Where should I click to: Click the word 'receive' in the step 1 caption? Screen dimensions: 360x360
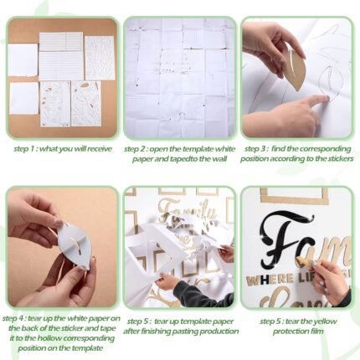[x=99, y=149]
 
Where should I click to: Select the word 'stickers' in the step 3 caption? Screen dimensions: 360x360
[x=340, y=159]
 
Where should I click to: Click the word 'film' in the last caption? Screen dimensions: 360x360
[x=317, y=332]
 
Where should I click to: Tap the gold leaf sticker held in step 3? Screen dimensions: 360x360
[x=296, y=67]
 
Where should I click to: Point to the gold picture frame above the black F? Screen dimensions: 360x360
[x=294, y=196]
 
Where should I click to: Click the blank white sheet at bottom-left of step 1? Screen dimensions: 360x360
[x=24, y=98]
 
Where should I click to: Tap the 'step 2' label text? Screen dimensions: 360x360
[x=136, y=149]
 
